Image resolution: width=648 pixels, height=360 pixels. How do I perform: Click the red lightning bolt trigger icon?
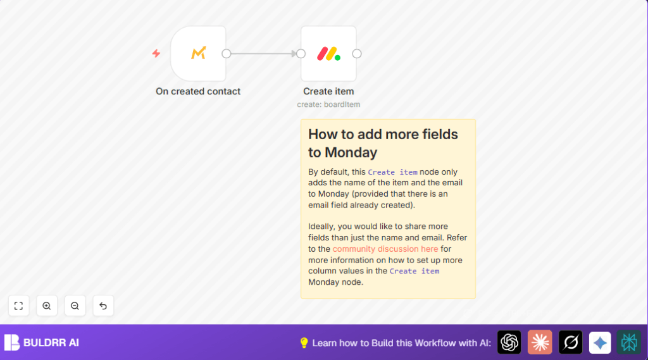156,53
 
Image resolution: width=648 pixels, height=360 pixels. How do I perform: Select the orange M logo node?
198,53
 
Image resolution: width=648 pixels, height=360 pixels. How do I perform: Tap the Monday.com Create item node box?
328,53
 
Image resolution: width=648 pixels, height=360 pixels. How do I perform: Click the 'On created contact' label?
198,91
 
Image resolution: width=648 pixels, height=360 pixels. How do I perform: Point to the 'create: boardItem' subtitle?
328,104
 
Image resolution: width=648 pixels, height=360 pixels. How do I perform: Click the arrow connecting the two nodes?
263,54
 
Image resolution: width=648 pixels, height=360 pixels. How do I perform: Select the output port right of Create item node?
357,54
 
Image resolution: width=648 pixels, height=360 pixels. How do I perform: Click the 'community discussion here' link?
385,249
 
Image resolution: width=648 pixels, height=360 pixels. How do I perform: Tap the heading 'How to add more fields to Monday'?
383,143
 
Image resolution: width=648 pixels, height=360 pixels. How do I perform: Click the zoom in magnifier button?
47,306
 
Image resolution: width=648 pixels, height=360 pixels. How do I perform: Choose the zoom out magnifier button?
75,306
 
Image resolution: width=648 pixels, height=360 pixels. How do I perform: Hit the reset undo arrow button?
103,306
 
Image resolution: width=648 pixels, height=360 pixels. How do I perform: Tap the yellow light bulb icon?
304,342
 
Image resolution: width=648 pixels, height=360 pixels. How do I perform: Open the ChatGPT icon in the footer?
509,342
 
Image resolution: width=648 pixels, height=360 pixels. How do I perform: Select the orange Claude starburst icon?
540,342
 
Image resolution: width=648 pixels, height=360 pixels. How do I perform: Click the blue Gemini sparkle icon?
600,342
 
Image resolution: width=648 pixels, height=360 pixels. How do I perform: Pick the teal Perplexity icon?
629,342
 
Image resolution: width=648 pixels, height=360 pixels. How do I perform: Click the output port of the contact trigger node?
227,54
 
